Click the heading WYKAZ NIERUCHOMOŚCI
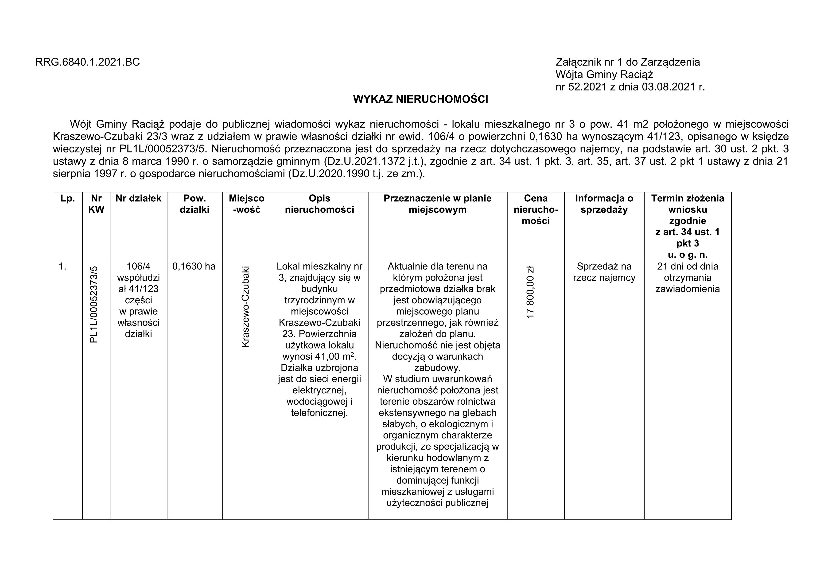pos(421,99)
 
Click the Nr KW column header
pos(96,204)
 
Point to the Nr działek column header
pos(139,199)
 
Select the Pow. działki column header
pos(194,204)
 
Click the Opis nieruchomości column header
pos(319,204)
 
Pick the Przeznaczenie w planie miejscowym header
pos(437,204)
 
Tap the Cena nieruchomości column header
pos(536,210)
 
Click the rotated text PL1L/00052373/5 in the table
pos(94,304)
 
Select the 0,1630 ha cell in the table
pos(194,267)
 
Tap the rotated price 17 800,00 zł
pos(530,292)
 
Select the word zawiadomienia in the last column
pos(688,289)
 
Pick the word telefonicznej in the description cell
pos(319,413)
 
